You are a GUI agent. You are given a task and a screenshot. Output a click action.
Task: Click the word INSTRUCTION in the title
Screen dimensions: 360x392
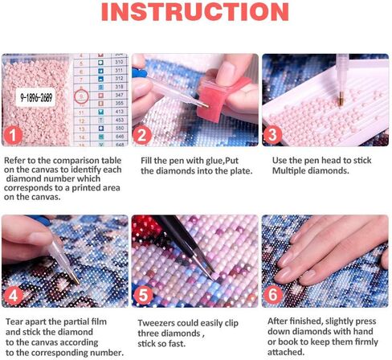coord(196,14)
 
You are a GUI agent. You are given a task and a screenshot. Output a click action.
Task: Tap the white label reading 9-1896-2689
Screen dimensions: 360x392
coord(36,97)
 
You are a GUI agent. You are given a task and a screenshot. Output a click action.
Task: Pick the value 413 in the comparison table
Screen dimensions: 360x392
coord(118,112)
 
